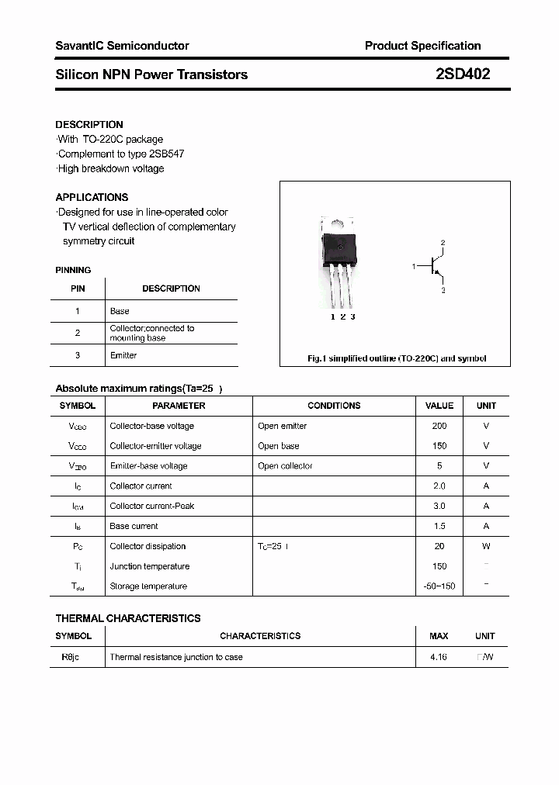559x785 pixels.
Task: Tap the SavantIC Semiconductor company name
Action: [x=122, y=46]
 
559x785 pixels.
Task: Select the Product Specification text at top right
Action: [x=422, y=46]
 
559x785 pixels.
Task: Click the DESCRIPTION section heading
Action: [x=89, y=124]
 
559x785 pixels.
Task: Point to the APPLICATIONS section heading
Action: [x=92, y=197]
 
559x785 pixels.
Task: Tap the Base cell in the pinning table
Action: [x=120, y=311]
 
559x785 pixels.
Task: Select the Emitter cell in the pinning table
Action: [x=123, y=355]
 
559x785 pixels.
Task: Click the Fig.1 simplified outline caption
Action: [x=396, y=358]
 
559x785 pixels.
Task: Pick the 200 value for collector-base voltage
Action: [x=439, y=426]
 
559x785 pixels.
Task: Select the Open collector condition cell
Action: [x=285, y=466]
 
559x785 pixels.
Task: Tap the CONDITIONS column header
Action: [x=334, y=406]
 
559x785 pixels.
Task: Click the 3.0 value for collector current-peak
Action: [x=439, y=506]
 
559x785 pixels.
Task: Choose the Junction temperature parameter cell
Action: [x=149, y=566]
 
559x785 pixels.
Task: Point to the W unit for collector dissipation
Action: [x=486, y=546]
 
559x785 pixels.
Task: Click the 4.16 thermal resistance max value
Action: [x=439, y=657]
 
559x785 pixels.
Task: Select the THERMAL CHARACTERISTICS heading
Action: [x=127, y=618]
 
